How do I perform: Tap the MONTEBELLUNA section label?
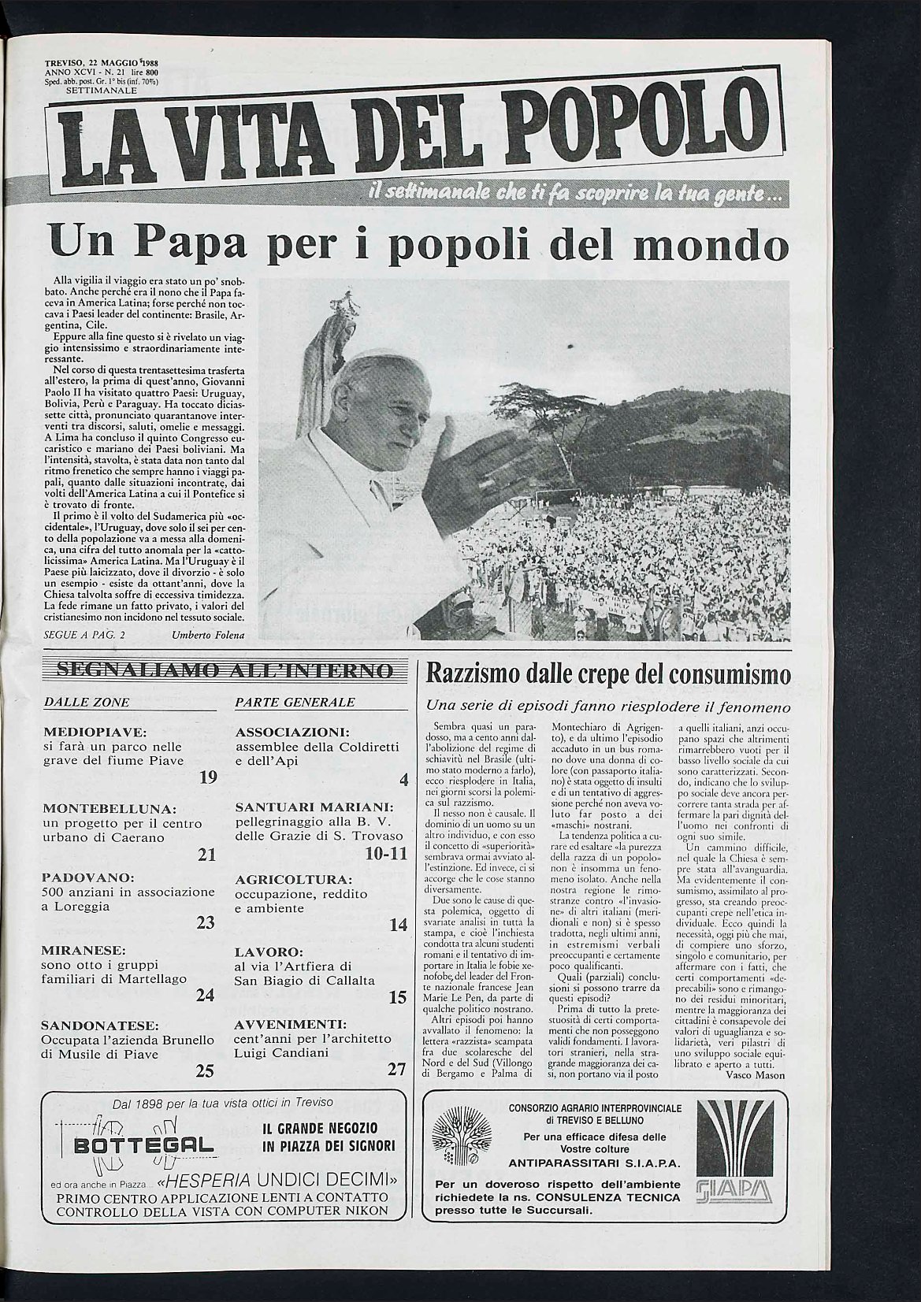coord(110,809)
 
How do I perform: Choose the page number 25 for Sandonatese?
coord(205,1070)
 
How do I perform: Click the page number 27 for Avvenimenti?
coord(397,1070)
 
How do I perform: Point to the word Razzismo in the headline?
coord(474,674)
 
